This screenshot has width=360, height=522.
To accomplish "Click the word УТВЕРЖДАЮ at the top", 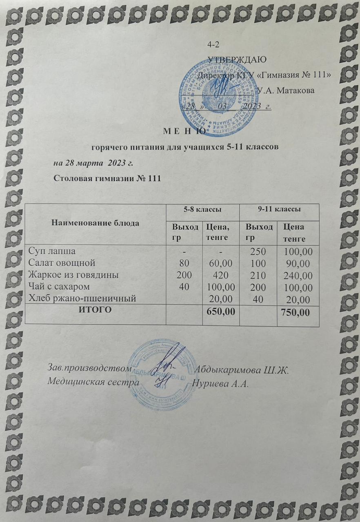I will pyautogui.click(x=237, y=60).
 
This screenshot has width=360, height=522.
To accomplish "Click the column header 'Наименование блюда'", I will pyautogui.click(x=96, y=223).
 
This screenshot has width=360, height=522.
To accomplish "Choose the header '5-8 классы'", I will pyautogui.click(x=202, y=209).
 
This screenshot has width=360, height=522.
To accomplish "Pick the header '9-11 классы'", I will pyautogui.click(x=280, y=209).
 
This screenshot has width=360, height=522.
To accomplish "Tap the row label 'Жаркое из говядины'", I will pyautogui.click(x=72, y=274).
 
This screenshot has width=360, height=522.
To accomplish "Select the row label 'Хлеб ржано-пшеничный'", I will pyautogui.click(x=80, y=299).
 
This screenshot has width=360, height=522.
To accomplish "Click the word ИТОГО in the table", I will pyautogui.click(x=95, y=310).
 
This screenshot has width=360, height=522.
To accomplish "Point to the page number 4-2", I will pyautogui.click(x=213, y=44).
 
